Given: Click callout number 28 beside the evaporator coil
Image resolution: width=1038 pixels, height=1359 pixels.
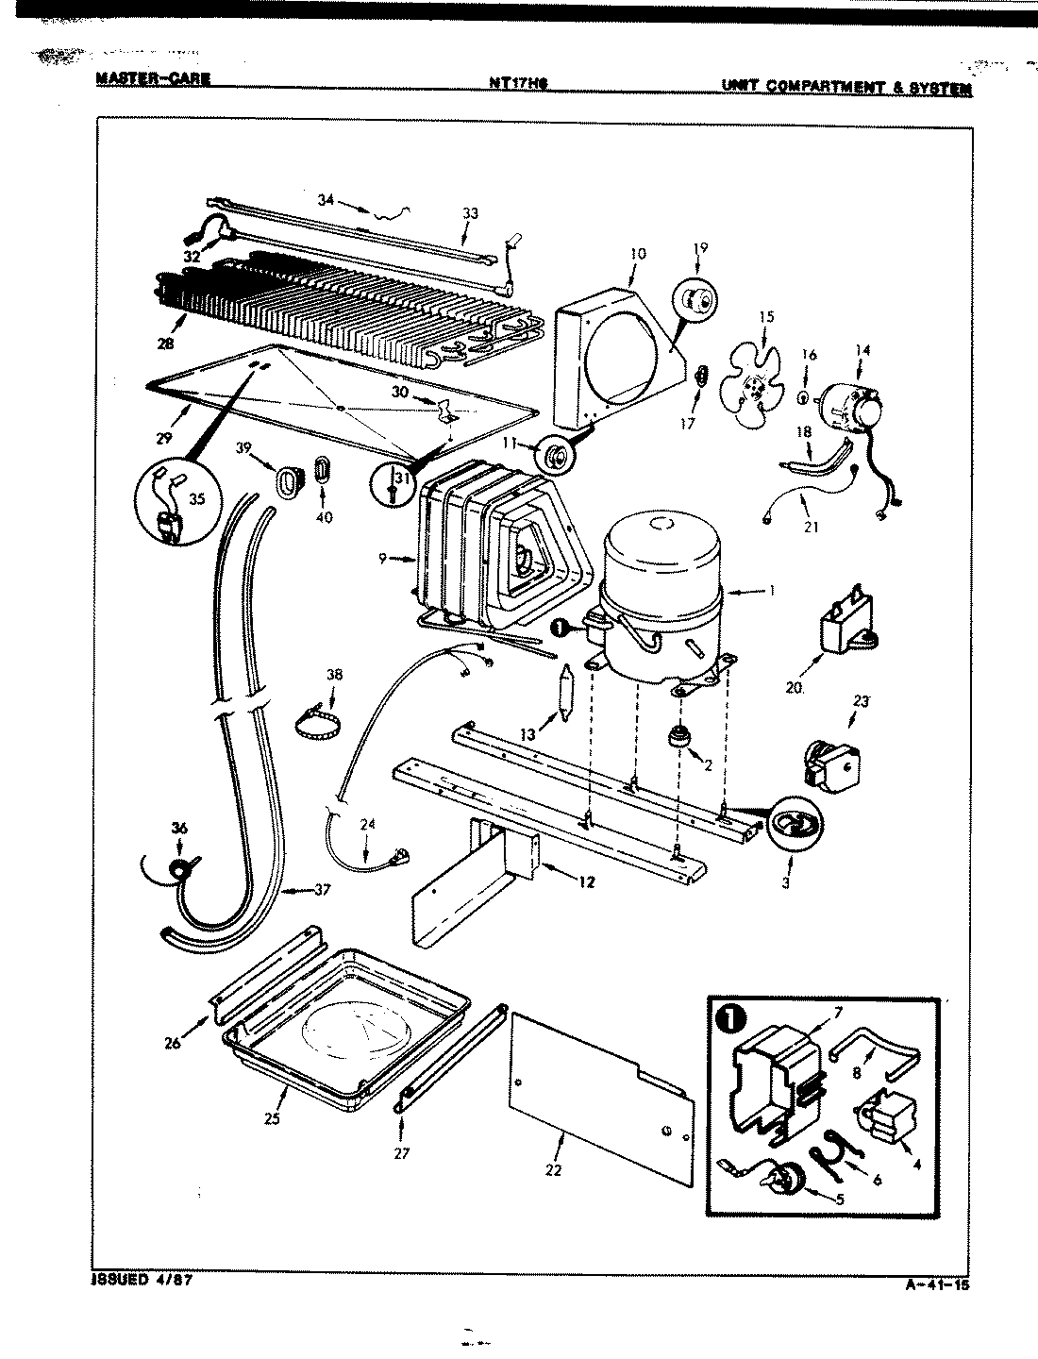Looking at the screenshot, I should point(166,344).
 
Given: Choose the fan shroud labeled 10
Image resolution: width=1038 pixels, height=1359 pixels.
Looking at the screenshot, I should point(618,359).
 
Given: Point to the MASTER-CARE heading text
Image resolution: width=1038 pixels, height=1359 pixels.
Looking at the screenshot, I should point(152,79).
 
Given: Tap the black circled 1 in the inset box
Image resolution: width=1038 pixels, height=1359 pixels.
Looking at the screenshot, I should point(736,1020).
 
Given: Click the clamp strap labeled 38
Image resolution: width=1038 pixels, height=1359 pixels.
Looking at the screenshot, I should point(319,732).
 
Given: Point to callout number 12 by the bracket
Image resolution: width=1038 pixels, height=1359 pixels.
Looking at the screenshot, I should point(587,883).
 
